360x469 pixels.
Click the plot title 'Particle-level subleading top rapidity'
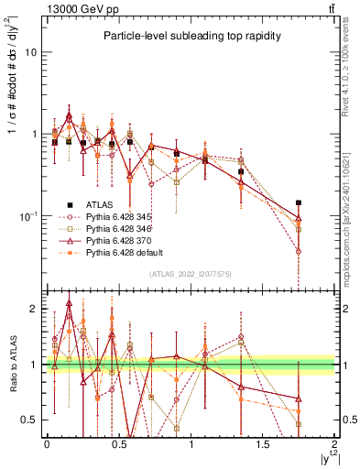pos(189,37)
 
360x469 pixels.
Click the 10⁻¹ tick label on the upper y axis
pos(28,216)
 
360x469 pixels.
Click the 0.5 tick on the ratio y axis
pos(28,420)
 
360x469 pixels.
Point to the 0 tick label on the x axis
pos(47,443)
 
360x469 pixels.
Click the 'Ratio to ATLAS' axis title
pos(10,366)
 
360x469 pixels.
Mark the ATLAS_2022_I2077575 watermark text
pos(191,273)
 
